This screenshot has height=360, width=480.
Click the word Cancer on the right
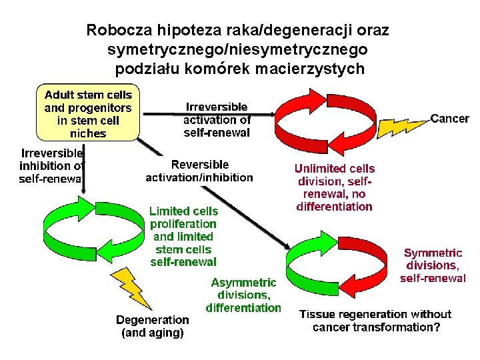click(450, 119)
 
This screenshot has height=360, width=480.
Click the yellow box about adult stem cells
click(88, 113)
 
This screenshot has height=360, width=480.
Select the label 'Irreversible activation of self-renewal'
click(217, 119)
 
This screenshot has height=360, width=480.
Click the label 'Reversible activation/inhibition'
click(199, 171)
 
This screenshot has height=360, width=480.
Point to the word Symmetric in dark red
click(433, 253)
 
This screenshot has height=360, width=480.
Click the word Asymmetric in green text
click(244, 283)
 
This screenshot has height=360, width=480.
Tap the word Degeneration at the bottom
click(153, 319)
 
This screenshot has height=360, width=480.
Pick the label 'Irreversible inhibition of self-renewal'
click(52, 165)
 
